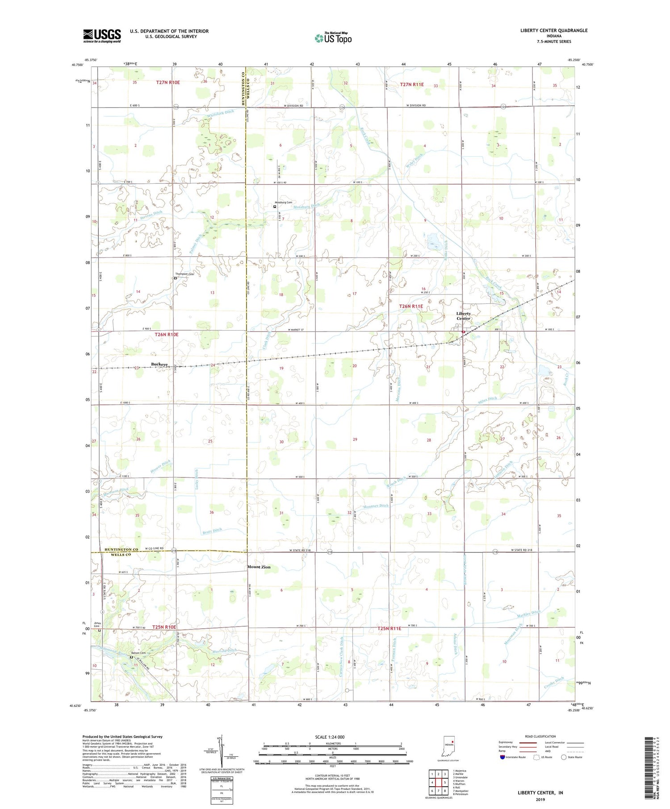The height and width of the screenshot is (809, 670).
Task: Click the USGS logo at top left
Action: pyautogui.click(x=102, y=36)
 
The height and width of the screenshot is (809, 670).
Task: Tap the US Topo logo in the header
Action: pyautogui.click(x=333, y=38)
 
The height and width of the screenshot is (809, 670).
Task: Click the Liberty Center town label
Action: pyautogui.click(x=463, y=316)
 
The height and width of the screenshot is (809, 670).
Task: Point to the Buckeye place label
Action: pyautogui.click(x=159, y=365)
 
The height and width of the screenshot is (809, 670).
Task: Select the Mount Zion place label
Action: pyautogui.click(x=259, y=567)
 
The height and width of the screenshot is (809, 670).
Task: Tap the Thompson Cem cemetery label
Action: pyautogui.click(x=184, y=274)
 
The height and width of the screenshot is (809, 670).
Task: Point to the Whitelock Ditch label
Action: pyautogui.click(x=220, y=115)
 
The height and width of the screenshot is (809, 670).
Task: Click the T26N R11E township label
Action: pyautogui.click(x=410, y=306)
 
